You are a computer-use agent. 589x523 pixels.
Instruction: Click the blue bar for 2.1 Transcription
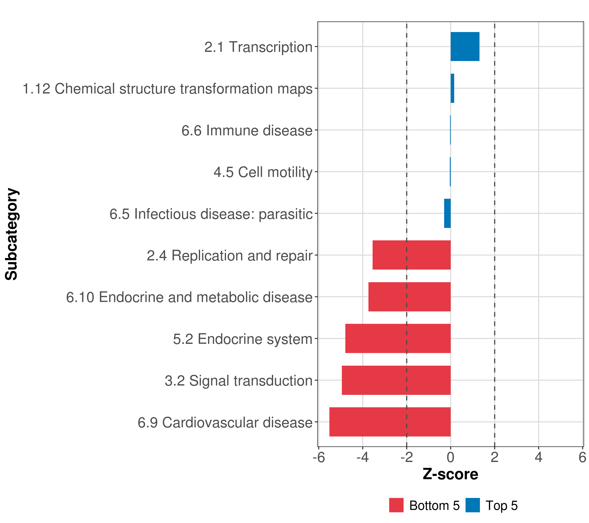(465, 47)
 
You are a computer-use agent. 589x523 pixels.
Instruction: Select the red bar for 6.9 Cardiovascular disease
(390, 422)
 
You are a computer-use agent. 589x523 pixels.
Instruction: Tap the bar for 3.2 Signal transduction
(396, 380)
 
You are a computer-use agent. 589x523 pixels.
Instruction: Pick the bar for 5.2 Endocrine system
(398, 338)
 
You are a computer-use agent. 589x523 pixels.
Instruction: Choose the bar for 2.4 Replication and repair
(411, 255)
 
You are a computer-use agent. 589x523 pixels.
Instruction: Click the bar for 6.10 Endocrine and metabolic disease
(409, 297)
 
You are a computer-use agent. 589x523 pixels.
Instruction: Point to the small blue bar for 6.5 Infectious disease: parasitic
(447, 213)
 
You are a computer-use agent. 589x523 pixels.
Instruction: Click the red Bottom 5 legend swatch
(396, 505)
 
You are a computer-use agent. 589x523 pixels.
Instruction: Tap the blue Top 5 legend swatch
(473, 505)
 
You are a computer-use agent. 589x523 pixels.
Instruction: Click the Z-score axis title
(450, 474)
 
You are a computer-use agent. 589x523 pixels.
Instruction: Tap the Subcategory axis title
(12, 234)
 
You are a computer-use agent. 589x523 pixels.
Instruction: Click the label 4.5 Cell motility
(263, 172)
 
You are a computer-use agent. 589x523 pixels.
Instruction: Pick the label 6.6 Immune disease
(247, 130)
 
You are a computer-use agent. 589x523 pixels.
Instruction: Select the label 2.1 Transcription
(259, 47)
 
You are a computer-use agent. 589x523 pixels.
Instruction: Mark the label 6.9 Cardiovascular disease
(225, 423)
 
